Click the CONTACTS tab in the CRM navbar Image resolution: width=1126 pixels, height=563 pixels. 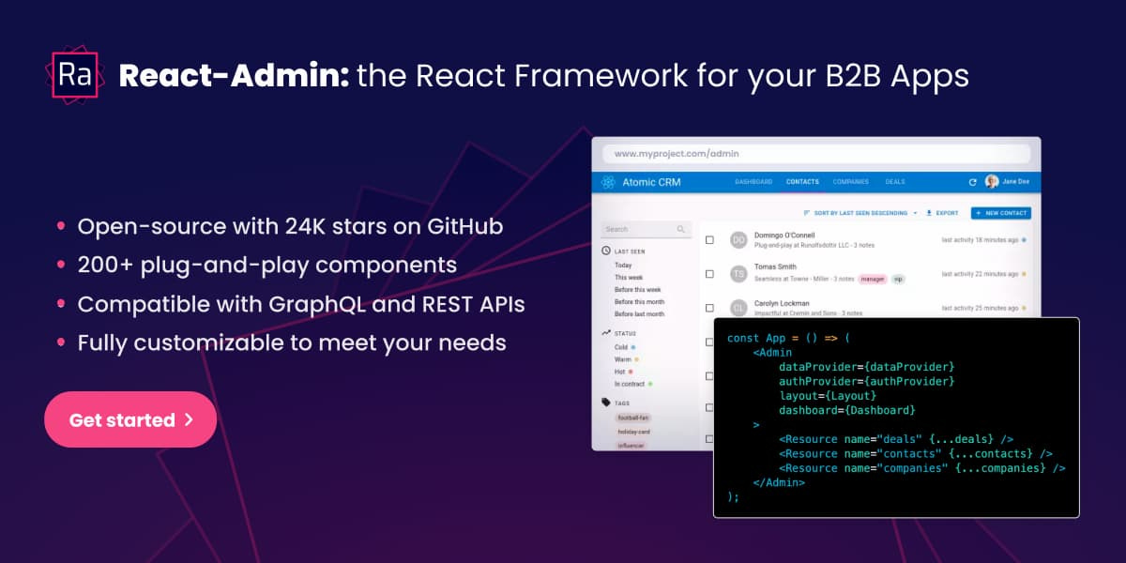tap(802, 182)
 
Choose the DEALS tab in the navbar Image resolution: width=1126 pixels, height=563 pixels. tap(895, 182)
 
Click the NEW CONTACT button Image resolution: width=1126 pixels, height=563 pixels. tap(1000, 213)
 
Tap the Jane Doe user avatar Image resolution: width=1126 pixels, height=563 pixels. tap(992, 182)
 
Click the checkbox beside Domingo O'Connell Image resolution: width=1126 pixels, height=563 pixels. tap(709, 240)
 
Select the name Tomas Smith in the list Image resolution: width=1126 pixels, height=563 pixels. tap(774, 266)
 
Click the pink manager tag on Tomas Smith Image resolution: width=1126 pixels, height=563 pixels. tap(873, 279)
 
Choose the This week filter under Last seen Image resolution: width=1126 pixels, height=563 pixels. tap(629, 278)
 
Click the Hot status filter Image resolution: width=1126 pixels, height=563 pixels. tap(619, 372)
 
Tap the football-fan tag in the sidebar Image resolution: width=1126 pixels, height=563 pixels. tap(634, 417)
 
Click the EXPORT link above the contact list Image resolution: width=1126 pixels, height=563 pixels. tap(942, 213)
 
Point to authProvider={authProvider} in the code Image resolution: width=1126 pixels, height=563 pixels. tap(866, 381)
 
